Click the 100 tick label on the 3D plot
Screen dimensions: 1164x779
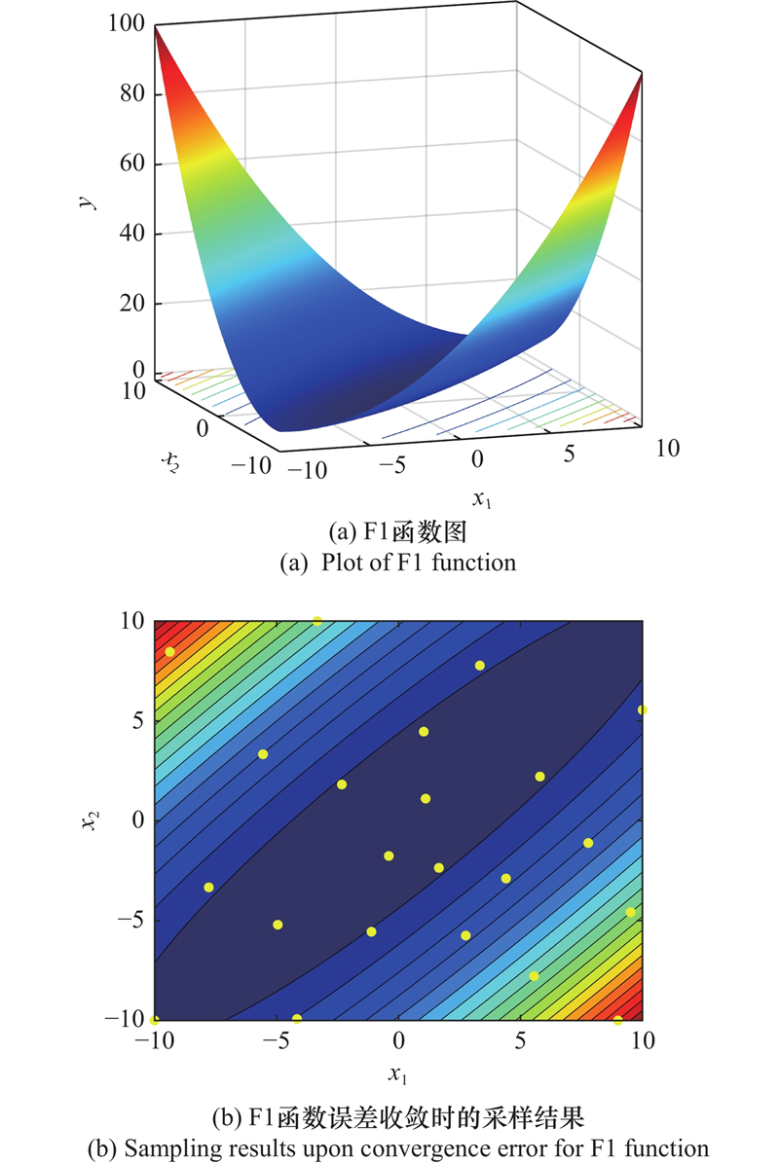[x=127, y=24]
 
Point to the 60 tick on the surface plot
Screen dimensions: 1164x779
[x=132, y=164]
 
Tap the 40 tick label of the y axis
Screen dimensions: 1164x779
[x=132, y=234]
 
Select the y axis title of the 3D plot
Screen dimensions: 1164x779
[x=89, y=200]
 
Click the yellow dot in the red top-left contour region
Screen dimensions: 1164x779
[x=170, y=651]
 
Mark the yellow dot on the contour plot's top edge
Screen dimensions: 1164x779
[x=317, y=621]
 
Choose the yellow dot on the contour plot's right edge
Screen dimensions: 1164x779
[x=642, y=709]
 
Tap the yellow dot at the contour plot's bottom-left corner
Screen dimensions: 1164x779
[x=155, y=1019]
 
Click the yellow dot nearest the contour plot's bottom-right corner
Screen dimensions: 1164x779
[x=617, y=1019]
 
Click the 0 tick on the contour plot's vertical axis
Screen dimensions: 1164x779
[x=137, y=819]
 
